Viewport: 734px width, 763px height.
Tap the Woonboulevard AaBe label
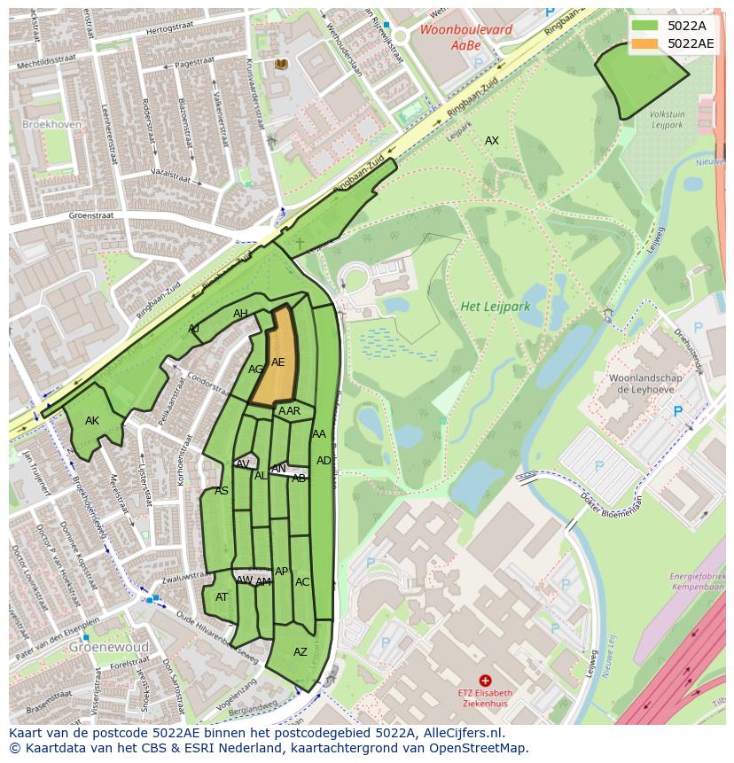coord(454,36)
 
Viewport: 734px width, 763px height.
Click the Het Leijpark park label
coord(495,307)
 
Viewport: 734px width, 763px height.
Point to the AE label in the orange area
coord(278,362)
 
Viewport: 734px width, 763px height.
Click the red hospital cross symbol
coord(485,680)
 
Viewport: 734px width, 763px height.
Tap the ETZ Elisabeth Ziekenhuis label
coord(486,697)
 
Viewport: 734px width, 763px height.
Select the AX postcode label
coord(491,141)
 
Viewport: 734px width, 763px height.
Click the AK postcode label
coord(92,421)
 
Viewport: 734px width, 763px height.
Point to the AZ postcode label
coord(301,652)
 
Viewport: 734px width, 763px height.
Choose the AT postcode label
coord(222,597)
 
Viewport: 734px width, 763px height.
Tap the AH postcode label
coord(240,314)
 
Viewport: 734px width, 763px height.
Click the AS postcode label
coord(222,491)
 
